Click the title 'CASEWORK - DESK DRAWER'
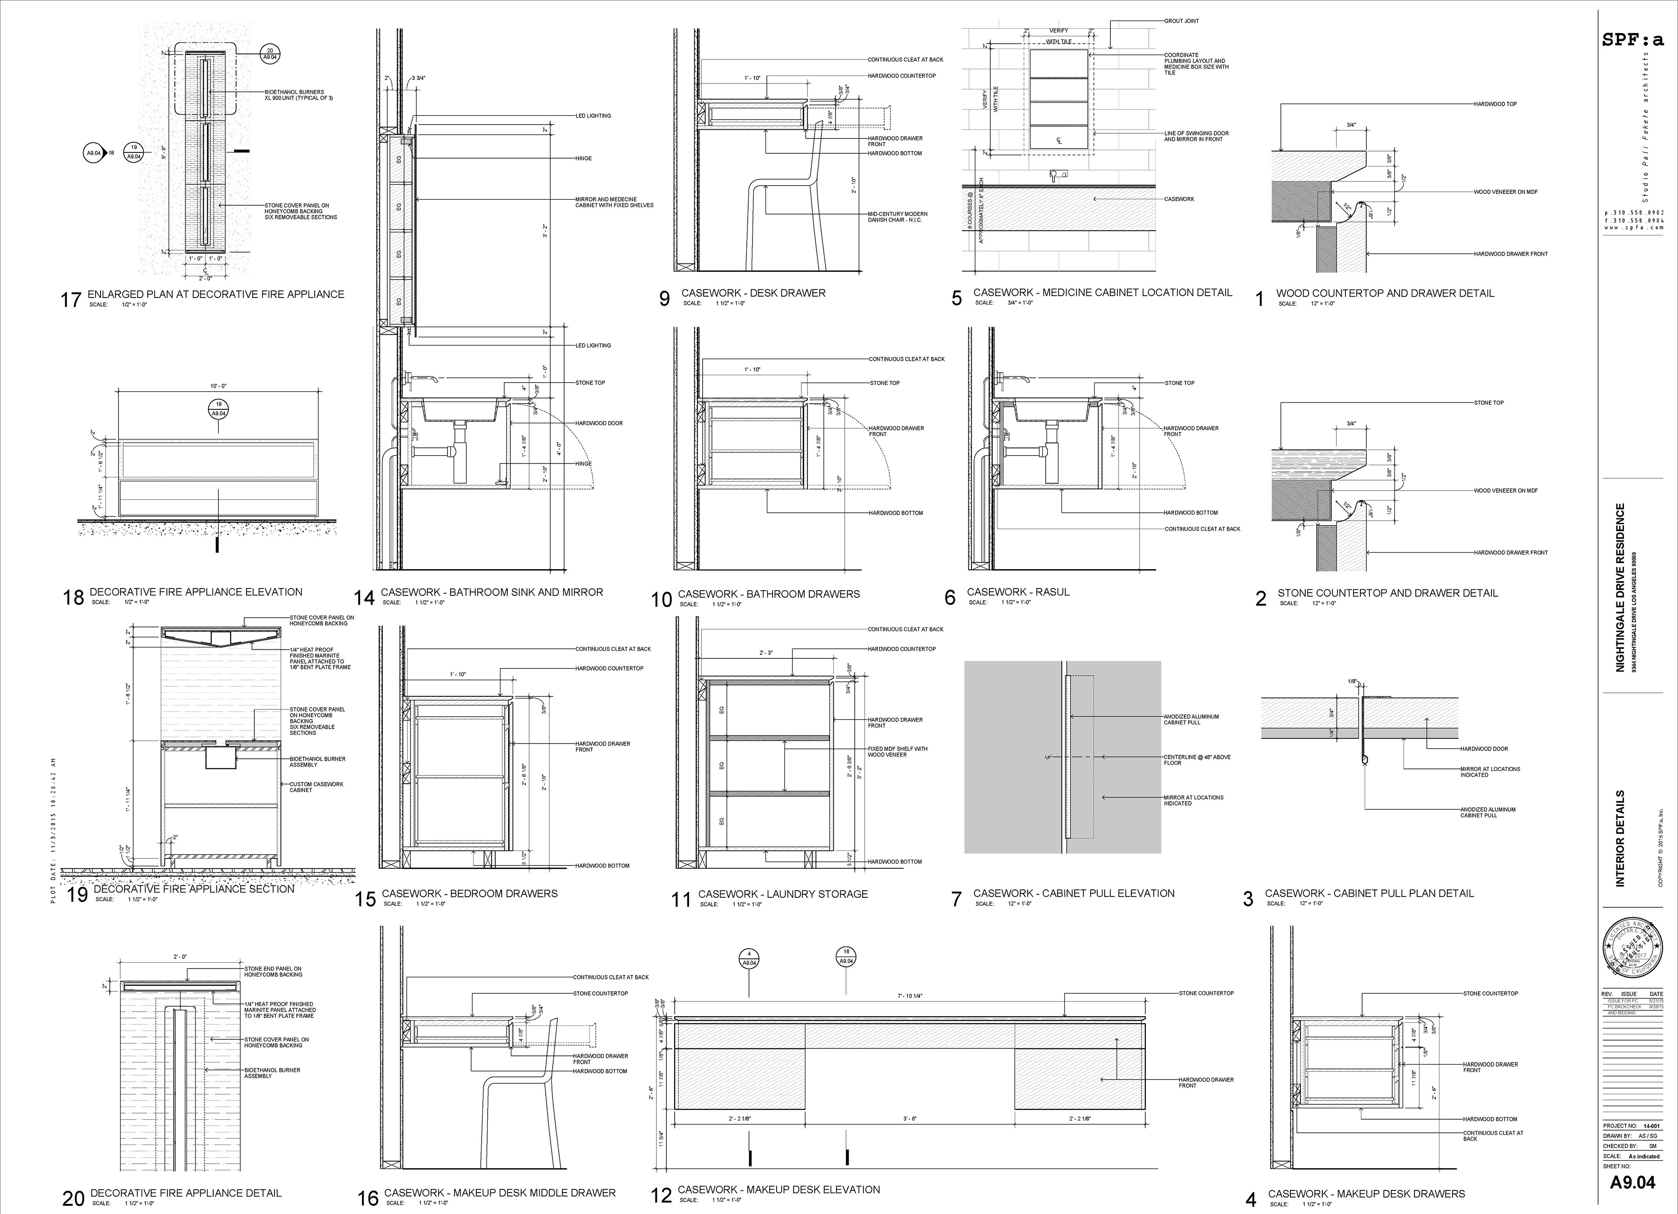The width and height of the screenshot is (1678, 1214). [753, 293]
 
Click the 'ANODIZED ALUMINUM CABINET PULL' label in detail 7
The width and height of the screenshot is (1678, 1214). [1191, 719]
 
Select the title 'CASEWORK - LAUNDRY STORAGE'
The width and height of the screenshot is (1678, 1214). [783, 894]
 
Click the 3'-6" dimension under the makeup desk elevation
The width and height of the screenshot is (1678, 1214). [909, 1119]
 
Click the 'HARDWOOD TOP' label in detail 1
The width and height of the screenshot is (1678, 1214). [1495, 104]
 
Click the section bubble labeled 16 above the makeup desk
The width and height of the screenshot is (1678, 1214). [846, 957]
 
